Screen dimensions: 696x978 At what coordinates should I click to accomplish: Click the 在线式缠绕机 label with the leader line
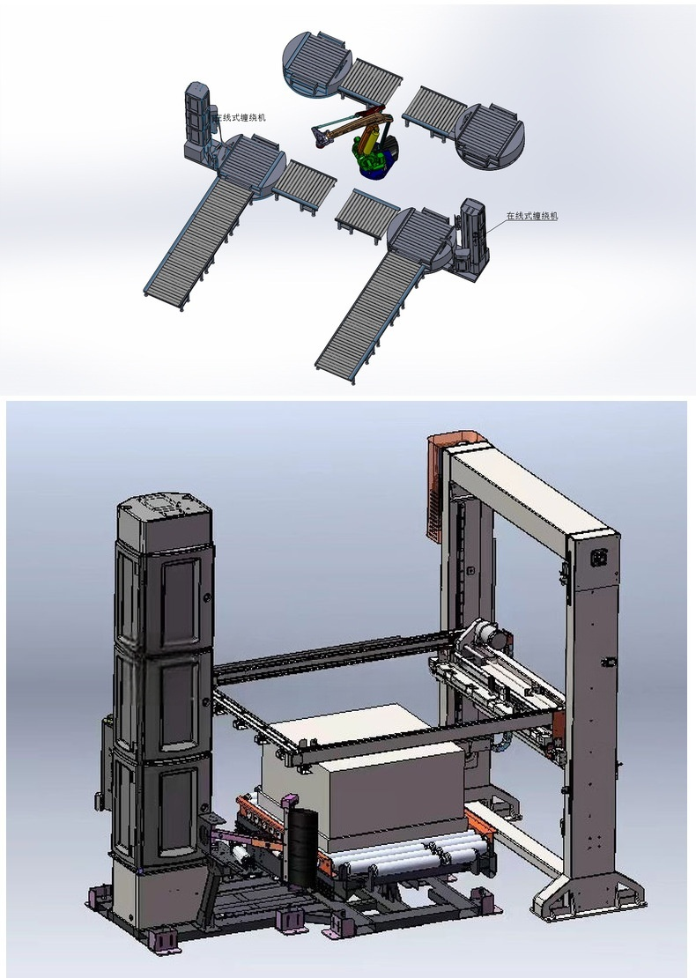tap(532, 217)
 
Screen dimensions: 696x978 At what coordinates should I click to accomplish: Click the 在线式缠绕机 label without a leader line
tap(241, 117)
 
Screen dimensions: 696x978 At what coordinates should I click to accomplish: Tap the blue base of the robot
tap(378, 167)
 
